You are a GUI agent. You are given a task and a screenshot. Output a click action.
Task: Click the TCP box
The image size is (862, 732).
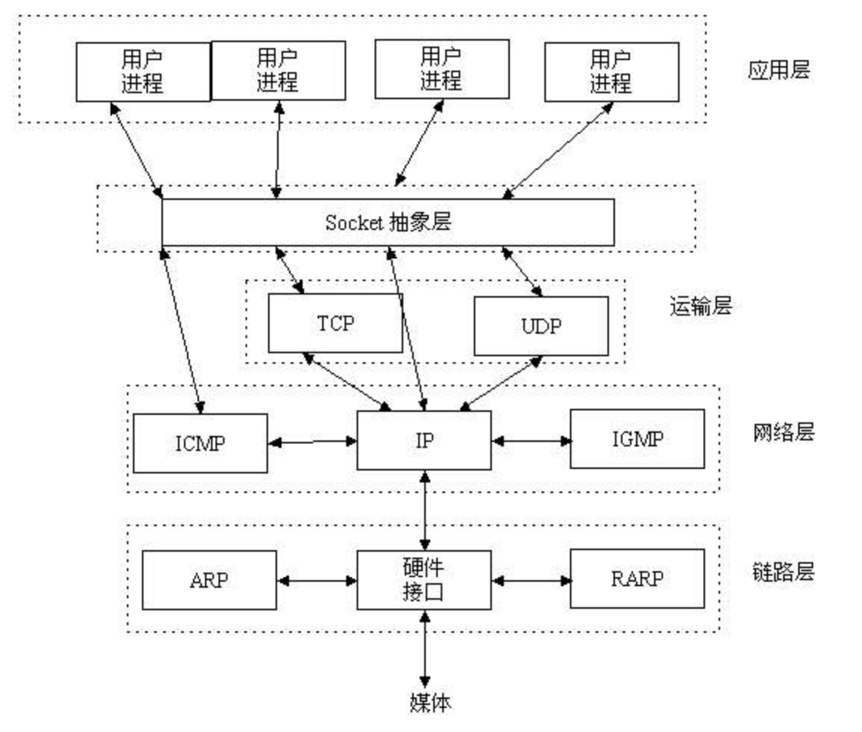336,323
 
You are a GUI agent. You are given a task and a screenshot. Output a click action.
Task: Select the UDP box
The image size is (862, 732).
541,326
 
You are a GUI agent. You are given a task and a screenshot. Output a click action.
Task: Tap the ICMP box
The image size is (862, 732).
200,443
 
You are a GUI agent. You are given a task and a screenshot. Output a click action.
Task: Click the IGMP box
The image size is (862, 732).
637,439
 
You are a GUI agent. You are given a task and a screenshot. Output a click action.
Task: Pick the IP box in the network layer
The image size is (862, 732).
423,440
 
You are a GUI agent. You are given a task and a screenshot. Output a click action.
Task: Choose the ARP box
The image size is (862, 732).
209,580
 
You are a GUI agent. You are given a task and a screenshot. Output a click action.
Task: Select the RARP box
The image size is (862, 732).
637,579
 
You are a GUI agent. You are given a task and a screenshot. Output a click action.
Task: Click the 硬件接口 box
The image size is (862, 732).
423,580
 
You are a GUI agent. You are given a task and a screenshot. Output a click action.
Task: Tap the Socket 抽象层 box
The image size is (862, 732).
388,222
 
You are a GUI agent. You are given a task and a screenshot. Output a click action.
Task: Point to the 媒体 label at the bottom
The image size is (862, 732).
430,702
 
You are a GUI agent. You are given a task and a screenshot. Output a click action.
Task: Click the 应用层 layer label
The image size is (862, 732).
779,70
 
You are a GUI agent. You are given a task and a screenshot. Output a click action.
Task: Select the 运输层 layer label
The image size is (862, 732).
701,306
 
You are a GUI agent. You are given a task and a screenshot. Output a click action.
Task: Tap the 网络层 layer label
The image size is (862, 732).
783,432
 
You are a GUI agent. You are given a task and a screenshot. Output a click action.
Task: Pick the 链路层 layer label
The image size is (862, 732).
783,573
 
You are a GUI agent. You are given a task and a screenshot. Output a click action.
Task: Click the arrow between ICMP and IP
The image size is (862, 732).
312,441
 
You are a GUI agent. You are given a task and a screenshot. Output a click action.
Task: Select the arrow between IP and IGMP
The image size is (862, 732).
531,440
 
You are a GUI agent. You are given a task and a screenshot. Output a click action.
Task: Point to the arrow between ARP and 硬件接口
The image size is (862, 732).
317,580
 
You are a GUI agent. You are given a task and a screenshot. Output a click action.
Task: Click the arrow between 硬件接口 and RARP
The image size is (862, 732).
531,580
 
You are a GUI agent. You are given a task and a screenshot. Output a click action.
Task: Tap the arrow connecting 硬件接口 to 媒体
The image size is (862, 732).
424,649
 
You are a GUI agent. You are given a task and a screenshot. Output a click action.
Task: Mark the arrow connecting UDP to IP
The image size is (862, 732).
501,383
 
